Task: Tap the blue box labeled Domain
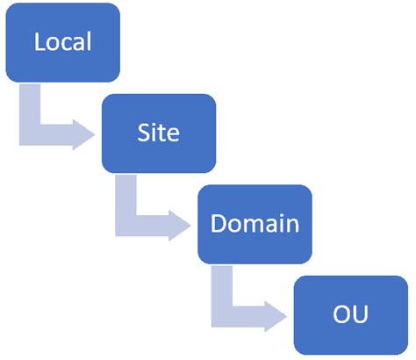click(x=255, y=223)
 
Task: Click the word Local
click(x=63, y=42)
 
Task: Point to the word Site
click(x=159, y=133)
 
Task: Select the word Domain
click(x=255, y=223)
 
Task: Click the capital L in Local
click(x=39, y=42)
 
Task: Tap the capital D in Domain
click(x=219, y=223)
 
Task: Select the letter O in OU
click(x=342, y=313)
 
